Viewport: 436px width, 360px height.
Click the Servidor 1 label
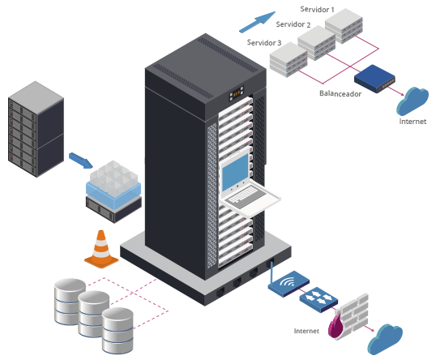point(317,10)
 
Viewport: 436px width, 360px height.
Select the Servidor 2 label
point(293,24)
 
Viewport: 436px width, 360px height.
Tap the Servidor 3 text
point(264,42)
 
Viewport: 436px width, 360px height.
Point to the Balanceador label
point(340,93)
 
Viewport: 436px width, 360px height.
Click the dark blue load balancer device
point(374,79)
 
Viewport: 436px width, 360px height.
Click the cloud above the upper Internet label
point(412,101)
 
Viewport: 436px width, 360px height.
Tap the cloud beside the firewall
point(385,339)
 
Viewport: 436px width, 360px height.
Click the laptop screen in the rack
point(235,172)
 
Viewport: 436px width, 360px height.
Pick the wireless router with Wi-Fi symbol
point(289,284)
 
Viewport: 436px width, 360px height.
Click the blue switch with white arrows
point(318,299)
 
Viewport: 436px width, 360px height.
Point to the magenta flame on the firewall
point(335,326)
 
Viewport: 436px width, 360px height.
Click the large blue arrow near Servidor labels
point(257,22)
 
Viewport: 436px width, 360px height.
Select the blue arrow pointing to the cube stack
point(81,161)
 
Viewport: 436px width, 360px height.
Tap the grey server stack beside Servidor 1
point(344,26)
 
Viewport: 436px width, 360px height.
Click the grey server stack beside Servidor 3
point(289,59)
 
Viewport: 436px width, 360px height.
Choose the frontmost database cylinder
point(118,331)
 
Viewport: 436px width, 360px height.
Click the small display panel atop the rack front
point(237,93)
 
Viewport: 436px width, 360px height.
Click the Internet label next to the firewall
point(306,331)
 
